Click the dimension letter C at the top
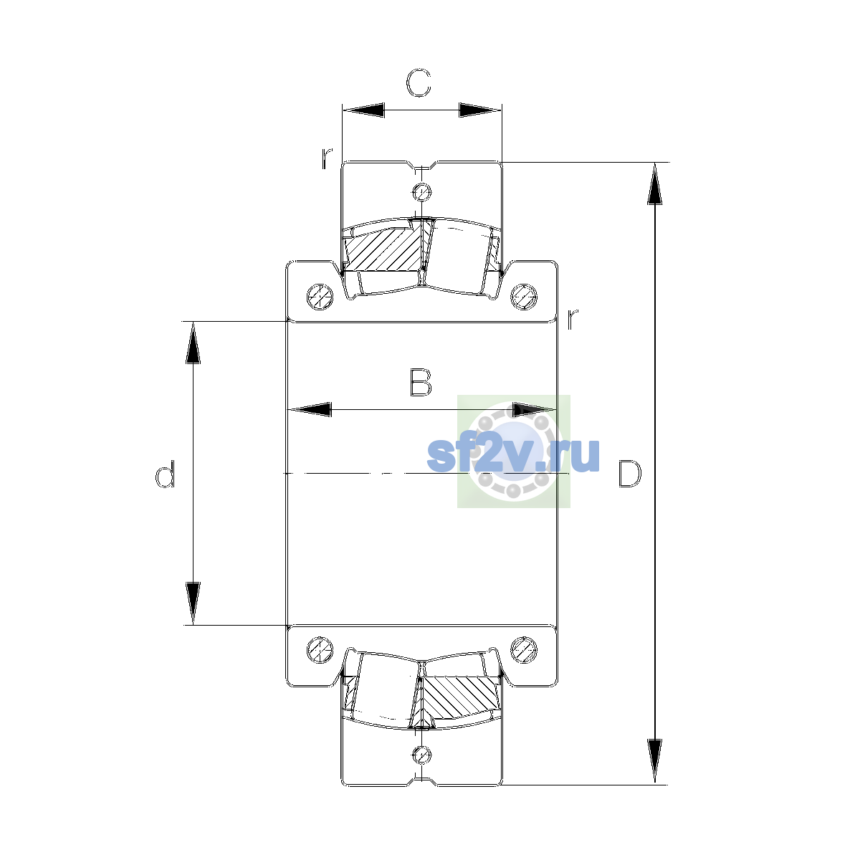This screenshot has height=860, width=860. tap(418, 83)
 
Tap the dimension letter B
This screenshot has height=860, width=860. tap(421, 383)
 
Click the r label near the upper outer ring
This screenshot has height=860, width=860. tap(327, 158)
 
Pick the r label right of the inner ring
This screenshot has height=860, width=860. tap(572, 318)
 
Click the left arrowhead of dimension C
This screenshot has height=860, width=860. tap(363, 110)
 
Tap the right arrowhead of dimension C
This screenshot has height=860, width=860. tap(480, 110)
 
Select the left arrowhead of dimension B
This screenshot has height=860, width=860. tap(310, 409)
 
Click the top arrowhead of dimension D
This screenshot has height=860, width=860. tap(655, 184)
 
